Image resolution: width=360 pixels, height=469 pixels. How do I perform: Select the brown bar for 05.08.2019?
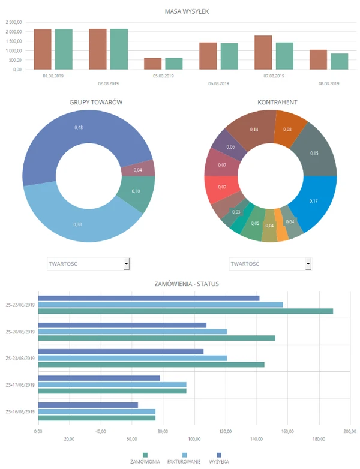(x=153, y=64)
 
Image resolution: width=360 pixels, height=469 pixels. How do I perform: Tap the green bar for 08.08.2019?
(x=339, y=61)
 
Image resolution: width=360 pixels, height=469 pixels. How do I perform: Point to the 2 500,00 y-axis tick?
(x=14, y=22)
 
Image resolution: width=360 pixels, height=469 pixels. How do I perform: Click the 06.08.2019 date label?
(x=218, y=84)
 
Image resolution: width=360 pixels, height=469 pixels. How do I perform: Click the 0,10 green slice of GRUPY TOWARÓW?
(x=136, y=191)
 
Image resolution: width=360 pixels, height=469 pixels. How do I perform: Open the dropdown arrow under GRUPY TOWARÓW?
(x=126, y=263)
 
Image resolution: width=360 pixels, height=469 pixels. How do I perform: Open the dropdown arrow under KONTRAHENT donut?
(x=308, y=263)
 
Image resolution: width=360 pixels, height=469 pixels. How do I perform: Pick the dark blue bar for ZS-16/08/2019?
(x=88, y=405)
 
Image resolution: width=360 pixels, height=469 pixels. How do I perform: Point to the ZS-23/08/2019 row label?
(x=20, y=358)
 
